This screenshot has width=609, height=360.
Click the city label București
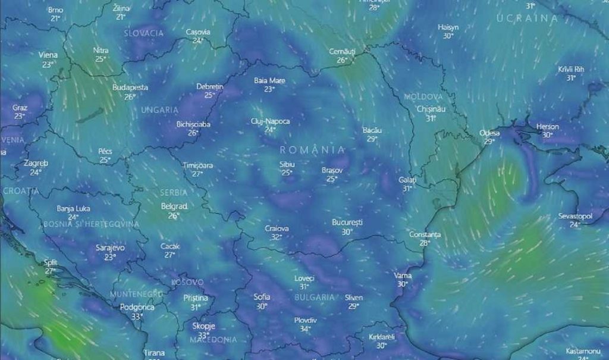tap(347, 223)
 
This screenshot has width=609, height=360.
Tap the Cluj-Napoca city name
tap(270, 121)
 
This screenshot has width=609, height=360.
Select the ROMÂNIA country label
tap(312, 149)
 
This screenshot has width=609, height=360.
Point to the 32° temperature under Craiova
tap(276, 237)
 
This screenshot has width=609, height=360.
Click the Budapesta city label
tap(130, 87)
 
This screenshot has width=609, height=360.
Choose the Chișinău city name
tap(431, 109)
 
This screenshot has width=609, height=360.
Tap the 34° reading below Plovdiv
tap(305, 328)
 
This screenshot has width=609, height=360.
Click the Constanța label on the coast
tap(425, 234)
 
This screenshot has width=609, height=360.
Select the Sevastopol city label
tap(575, 216)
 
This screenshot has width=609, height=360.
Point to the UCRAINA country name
tap(528, 18)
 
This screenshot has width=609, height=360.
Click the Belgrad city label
tap(174, 206)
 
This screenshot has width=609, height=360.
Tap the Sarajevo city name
tap(110, 248)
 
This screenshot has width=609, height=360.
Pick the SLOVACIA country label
tap(143, 33)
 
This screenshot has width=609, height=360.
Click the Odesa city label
tap(490, 133)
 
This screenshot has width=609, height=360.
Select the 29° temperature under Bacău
tap(372, 139)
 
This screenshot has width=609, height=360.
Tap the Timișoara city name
tap(197, 165)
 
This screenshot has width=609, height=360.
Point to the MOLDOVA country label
tap(423, 96)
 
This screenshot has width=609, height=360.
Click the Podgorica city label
tap(137, 307)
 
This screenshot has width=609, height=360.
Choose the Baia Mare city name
tap(269, 80)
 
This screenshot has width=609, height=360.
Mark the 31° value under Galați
tap(407, 188)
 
